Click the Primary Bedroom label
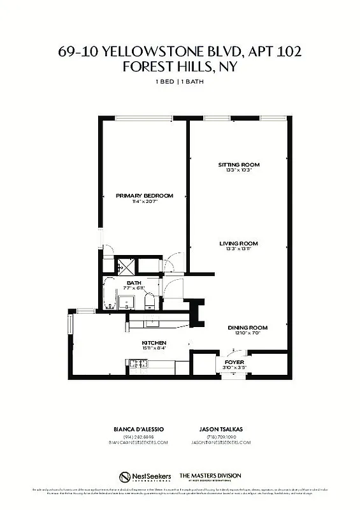coord(145,196)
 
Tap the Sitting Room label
coord(239,164)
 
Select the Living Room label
coord(239,244)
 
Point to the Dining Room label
coord(248,328)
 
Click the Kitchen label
coord(154,343)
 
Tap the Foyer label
coord(234,361)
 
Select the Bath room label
coord(134,282)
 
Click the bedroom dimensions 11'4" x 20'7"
coord(145,201)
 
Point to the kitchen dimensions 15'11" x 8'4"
coord(154,349)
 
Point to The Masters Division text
coord(210,475)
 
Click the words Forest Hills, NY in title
coord(180,67)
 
